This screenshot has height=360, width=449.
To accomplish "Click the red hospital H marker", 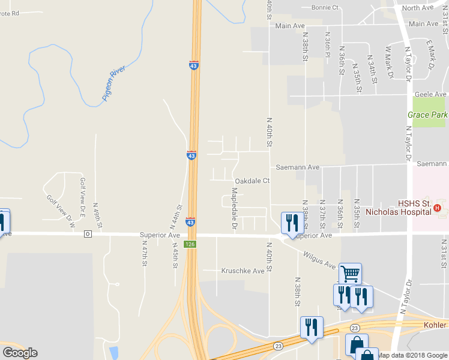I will click(437, 208).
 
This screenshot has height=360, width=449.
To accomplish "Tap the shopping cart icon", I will click(350, 274).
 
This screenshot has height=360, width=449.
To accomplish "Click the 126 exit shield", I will click(191, 244).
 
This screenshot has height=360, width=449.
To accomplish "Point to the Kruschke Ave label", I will click(243, 271).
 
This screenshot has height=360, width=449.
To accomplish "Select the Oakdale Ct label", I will click(253, 181).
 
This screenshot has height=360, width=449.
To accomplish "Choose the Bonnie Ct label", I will click(325, 7).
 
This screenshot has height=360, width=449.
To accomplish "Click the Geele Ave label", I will click(432, 94).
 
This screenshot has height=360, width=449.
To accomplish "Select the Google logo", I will click(20, 352).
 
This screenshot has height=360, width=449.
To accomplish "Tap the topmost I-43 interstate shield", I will click(193, 65).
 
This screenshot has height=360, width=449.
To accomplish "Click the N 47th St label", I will click(145, 254).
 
